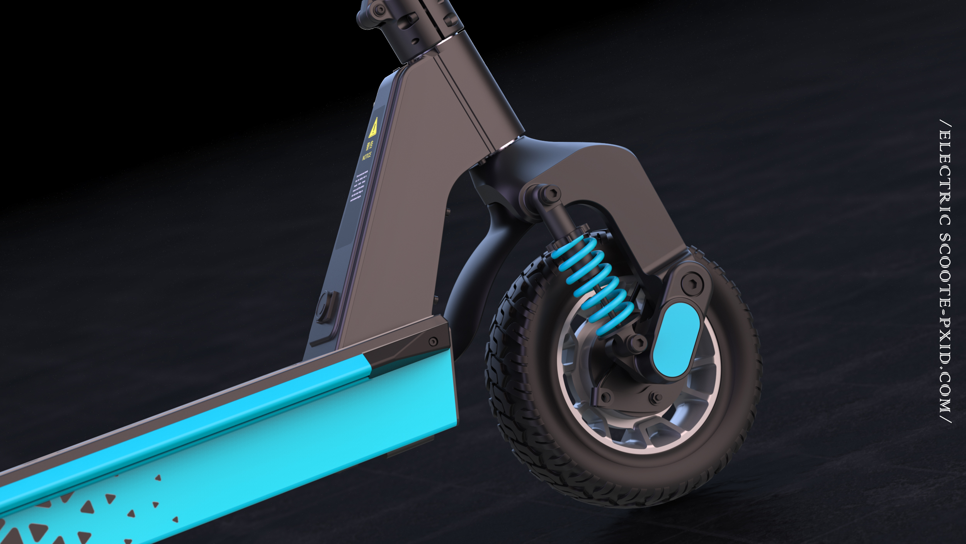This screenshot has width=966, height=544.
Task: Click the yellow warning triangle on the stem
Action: [x=373, y=128]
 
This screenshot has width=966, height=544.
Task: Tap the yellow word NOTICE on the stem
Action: [x=367, y=156]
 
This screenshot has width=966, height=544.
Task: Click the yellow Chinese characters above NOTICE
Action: [x=369, y=145]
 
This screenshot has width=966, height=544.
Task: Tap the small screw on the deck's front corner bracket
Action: [x=433, y=341]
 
